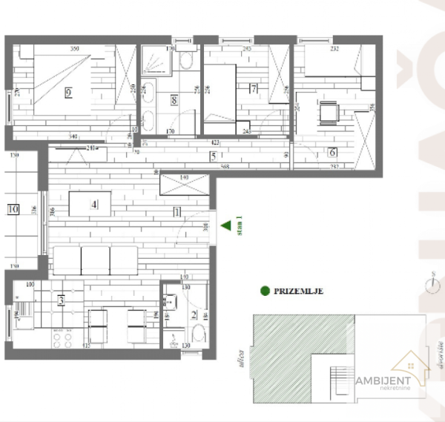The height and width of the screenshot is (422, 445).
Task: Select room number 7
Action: (x=253, y=90)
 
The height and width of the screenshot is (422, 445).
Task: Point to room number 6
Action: (x=332, y=152)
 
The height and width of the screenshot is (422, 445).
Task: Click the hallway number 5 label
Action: (x=213, y=156)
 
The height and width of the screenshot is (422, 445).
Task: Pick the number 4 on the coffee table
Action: (x=93, y=204)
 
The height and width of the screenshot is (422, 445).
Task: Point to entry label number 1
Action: (x=177, y=212)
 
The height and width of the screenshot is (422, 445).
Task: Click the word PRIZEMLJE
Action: (x=298, y=291)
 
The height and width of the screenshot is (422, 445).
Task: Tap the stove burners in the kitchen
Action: (x=63, y=339)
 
